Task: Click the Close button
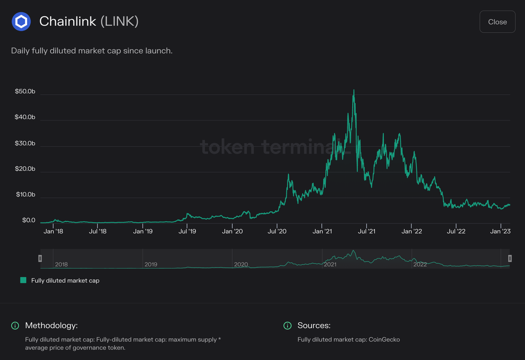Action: (497, 22)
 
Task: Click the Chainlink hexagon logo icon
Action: (21, 21)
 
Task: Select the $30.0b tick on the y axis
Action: (25, 143)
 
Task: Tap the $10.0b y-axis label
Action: (25, 195)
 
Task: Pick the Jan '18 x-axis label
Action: (54, 231)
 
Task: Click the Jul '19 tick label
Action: (188, 231)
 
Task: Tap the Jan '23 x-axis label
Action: (501, 231)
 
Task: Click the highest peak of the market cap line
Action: (353, 90)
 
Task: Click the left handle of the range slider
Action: (40, 259)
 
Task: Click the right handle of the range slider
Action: (510, 259)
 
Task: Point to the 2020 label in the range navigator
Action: (241, 264)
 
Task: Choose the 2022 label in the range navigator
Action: (420, 264)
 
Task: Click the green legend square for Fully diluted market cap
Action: (23, 280)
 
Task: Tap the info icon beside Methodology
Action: (15, 325)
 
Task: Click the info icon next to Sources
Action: (287, 325)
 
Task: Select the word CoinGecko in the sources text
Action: (384, 339)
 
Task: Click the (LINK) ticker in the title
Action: (119, 21)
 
